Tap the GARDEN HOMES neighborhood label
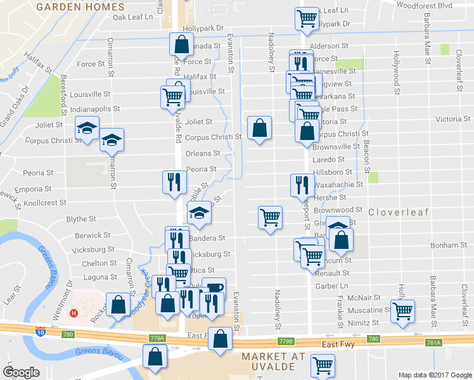coord(80,7)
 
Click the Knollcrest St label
coord(46,204)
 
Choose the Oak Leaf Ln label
coord(133,17)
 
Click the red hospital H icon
coord(75,313)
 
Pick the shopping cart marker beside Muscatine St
coord(402,311)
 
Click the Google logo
coord(22,372)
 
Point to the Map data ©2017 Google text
coord(435,375)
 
